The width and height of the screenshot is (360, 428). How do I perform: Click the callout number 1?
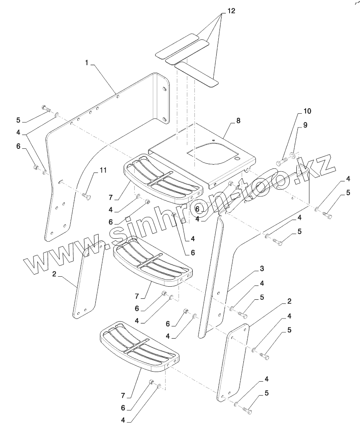tap(87, 63)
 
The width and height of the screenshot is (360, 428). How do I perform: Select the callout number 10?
tap(307, 111)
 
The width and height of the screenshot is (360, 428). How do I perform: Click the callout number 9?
tap(305, 125)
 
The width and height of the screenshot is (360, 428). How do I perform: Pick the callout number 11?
tap(103, 170)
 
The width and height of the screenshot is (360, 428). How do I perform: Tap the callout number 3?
tap(261, 268)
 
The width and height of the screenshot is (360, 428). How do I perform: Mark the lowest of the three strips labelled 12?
tap(196, 73)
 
